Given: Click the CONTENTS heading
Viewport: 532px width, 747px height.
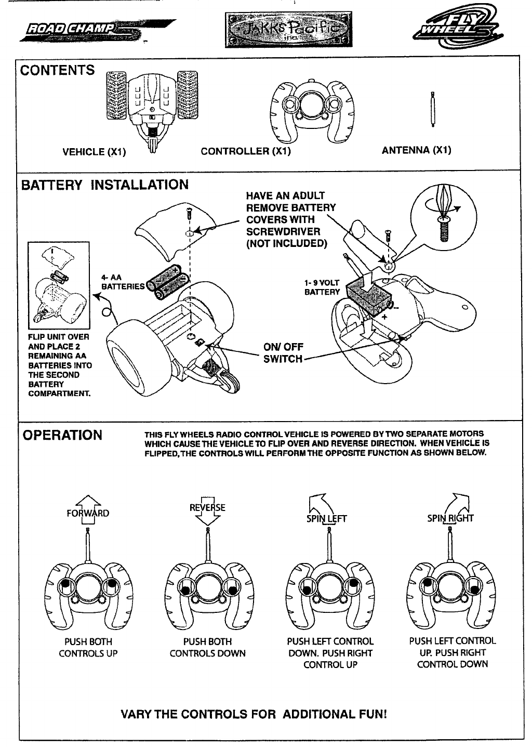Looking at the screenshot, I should (x=58, y=70).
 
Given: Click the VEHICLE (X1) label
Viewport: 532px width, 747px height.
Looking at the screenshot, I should (x=95, y=152).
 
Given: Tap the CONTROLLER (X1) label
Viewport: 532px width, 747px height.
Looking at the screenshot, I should (x=245, y=151).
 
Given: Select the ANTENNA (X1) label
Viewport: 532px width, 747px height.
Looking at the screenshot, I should (x=416, y=150).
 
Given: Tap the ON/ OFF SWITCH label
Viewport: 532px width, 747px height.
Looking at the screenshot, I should (x=283, y=353).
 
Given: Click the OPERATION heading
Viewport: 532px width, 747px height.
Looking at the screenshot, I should (x=61, y=435).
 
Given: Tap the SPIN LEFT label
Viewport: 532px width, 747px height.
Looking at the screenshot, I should (x=328, y=518).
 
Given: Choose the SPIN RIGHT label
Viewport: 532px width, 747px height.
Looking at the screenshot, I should (x=451, y=518).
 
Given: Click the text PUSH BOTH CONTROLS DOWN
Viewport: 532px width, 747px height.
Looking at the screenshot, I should (x=207, y=648).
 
